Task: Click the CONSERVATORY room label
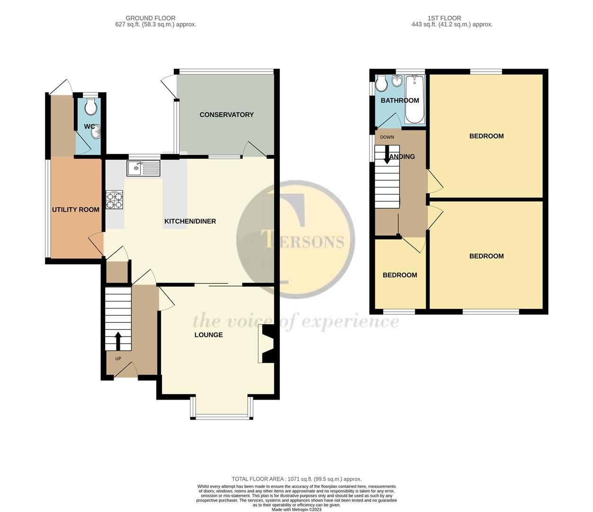point(226,115)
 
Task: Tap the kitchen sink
point(144,167)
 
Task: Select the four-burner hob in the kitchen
point(114,200)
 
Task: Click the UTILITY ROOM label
point(76,210)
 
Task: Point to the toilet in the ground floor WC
point(90,108)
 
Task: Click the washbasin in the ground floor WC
point(96,131)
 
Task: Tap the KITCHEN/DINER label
point(190,221)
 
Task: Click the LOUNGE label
point(208,335)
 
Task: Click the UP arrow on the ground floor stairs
point(118,340)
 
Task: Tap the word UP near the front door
point(118,359)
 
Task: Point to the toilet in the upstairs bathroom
point(381,84)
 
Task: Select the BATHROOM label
point(400,101)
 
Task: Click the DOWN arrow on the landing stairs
point(387,155)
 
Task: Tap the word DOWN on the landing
point(386,137)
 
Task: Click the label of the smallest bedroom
point(400,275)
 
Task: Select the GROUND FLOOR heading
point(150,18)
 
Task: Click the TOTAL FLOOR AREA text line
point(296,479)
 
